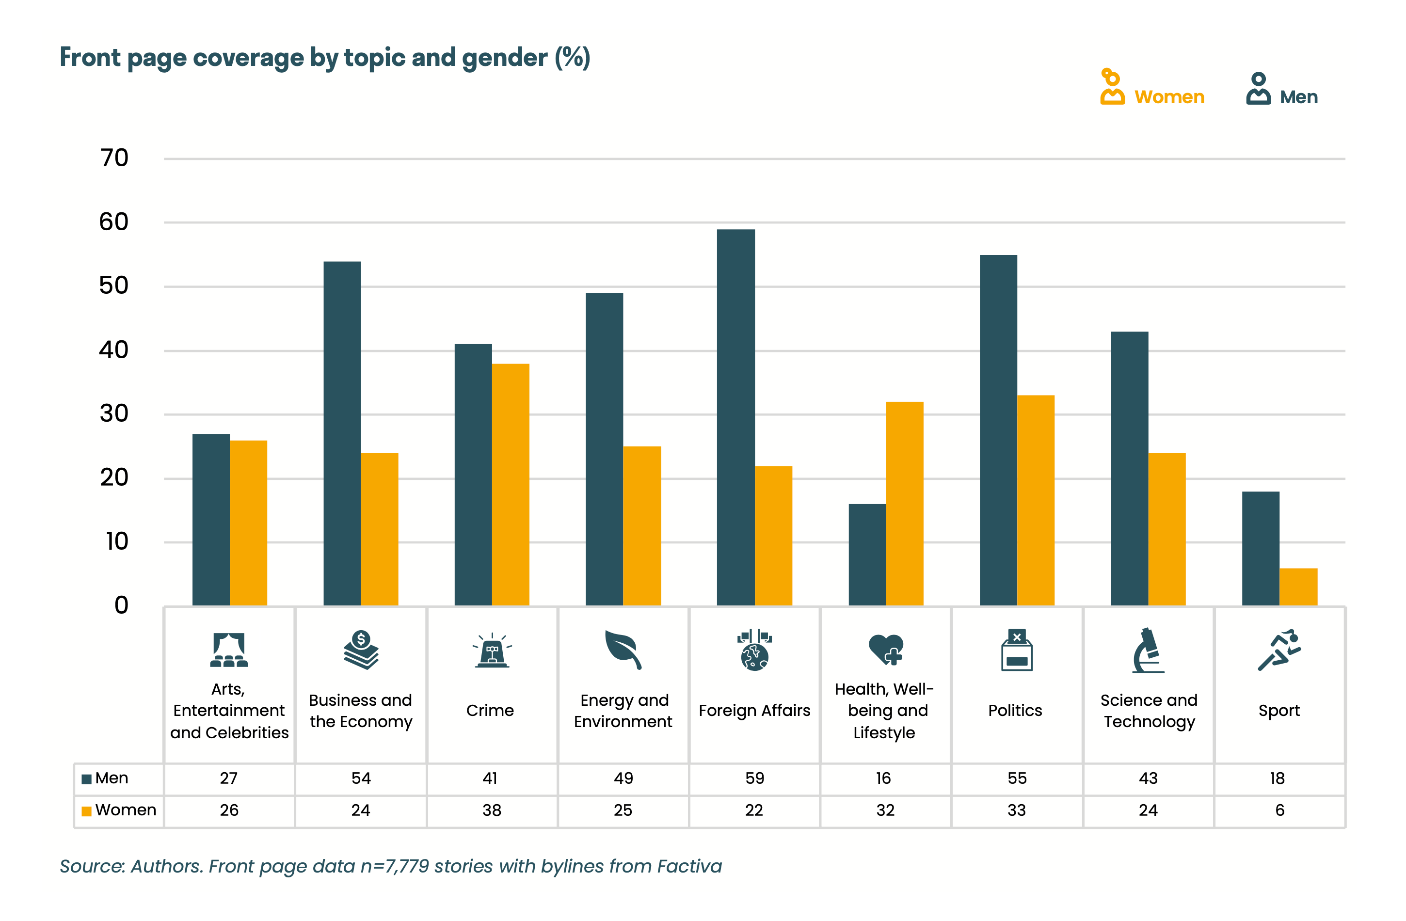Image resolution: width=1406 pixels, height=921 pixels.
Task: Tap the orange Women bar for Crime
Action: pyautogui.click(x=511, y=484)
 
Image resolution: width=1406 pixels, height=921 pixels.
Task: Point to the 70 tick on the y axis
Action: pyautogui.click(x=114, y=159)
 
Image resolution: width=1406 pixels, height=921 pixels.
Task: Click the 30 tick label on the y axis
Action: pyautogui.click(x=114, y=413)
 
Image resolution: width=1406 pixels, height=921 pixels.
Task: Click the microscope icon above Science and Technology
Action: pyautogui.click(x=1148, y=650)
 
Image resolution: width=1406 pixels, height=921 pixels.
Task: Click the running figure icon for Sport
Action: pyautogui.click(x=1279, y=650)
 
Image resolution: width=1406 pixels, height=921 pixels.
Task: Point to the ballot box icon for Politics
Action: pyautogui.click(x=1016, y=650)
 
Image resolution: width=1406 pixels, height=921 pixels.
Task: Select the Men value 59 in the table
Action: pyautogui.click(x=754, y=778)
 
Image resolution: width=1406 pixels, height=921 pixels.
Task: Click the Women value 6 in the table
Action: pyautogui.click(x=1279, y=810)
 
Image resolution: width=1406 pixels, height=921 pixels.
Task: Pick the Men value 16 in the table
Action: pyautogui.click(x=883, y=778)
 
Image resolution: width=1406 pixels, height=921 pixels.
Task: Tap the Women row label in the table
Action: pyautogui.click(x=125, y=810)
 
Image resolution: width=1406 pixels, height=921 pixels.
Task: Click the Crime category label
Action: pyautogui.click(x=490, y=710)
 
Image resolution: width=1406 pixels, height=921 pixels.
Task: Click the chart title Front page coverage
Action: pyautogui.click(x=325, y=58)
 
